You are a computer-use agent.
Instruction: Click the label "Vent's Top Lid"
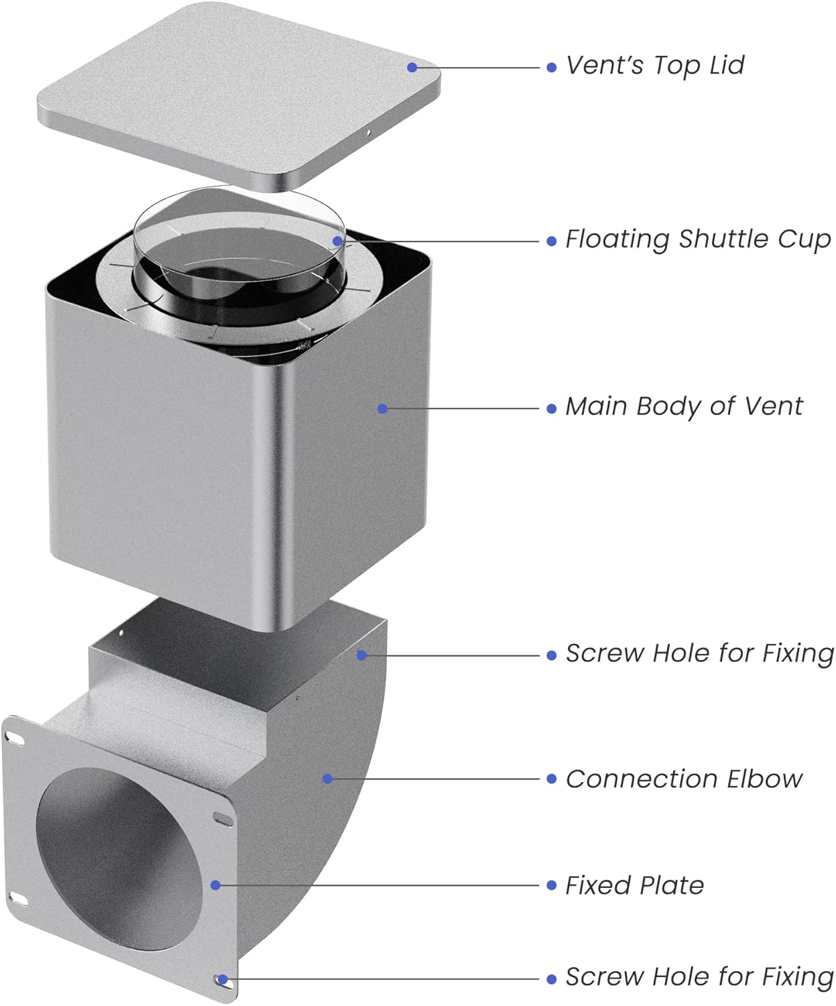654,66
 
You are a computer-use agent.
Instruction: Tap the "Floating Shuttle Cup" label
697,239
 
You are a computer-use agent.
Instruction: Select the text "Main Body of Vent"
683,406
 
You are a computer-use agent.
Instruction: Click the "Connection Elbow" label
683,779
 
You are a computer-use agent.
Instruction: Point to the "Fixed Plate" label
634,885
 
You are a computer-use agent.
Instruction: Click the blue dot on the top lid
412,67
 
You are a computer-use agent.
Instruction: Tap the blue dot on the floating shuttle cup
338,241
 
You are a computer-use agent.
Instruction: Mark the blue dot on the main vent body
382,408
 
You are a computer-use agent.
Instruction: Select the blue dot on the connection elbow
327,779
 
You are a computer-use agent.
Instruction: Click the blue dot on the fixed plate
215,885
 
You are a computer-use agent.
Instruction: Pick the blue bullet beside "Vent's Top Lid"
551,67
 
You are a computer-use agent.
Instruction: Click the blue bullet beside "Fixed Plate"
551,886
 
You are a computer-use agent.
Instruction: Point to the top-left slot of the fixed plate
15,737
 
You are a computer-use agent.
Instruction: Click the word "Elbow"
772,779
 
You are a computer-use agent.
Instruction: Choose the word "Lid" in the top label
727,66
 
